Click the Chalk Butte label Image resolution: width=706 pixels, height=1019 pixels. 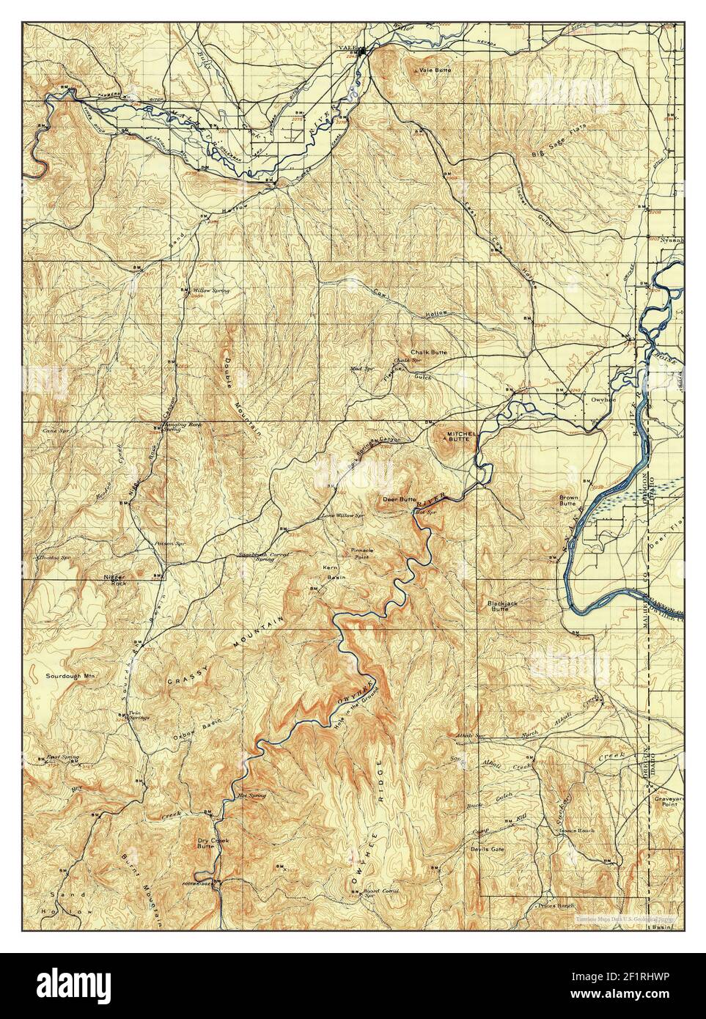428,352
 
